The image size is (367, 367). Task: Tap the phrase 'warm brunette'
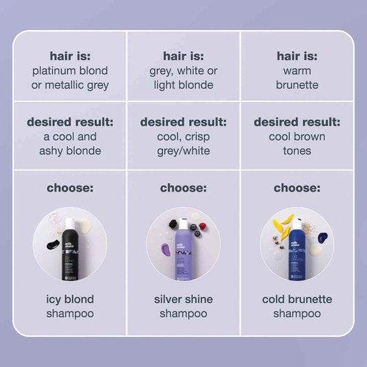pyautogui.click(x=297, y=79)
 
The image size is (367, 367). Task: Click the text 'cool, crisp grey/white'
pyautogui.click(x=183, y=143)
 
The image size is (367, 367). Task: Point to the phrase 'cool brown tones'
pyautogui.click(x=297, y=143)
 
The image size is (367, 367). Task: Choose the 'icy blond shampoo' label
pyautogui.click(x=70, y=307)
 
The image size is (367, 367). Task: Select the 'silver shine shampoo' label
pyautogui.click(x=183, y=307)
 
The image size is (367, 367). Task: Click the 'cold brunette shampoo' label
pyautogui.click(x=297, y=307)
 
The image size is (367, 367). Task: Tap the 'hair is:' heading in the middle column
pyautogui.click(x=183, y=54)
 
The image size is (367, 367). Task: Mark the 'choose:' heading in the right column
pyautogui.click(x=297, y=188)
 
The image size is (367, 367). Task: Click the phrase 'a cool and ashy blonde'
pyautogui.click(x=70, y=143)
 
